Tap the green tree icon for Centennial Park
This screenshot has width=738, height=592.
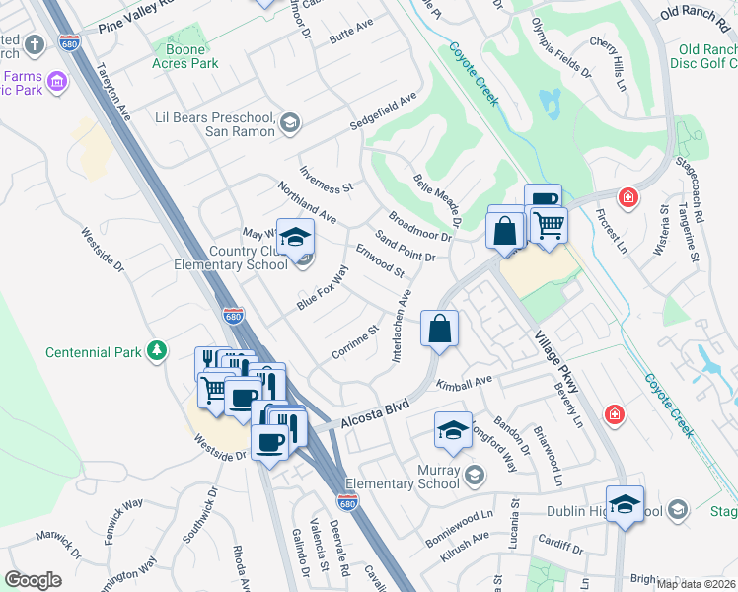click(x=156, y=351)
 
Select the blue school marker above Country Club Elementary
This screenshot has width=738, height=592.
click(x=295, y=238)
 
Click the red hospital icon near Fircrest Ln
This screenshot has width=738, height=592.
click(x=627, y=199)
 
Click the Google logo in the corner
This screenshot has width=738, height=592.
click(x=33, y=579)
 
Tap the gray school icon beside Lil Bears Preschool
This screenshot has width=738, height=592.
click(x=289, y=122)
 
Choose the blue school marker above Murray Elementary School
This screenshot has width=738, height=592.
click(x=453, y=429)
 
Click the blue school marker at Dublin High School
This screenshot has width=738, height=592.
click(x=625, y=504)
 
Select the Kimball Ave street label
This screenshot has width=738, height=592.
click(x=468, y=381)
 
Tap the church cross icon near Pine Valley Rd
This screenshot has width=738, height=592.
click(x=34, y=44)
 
